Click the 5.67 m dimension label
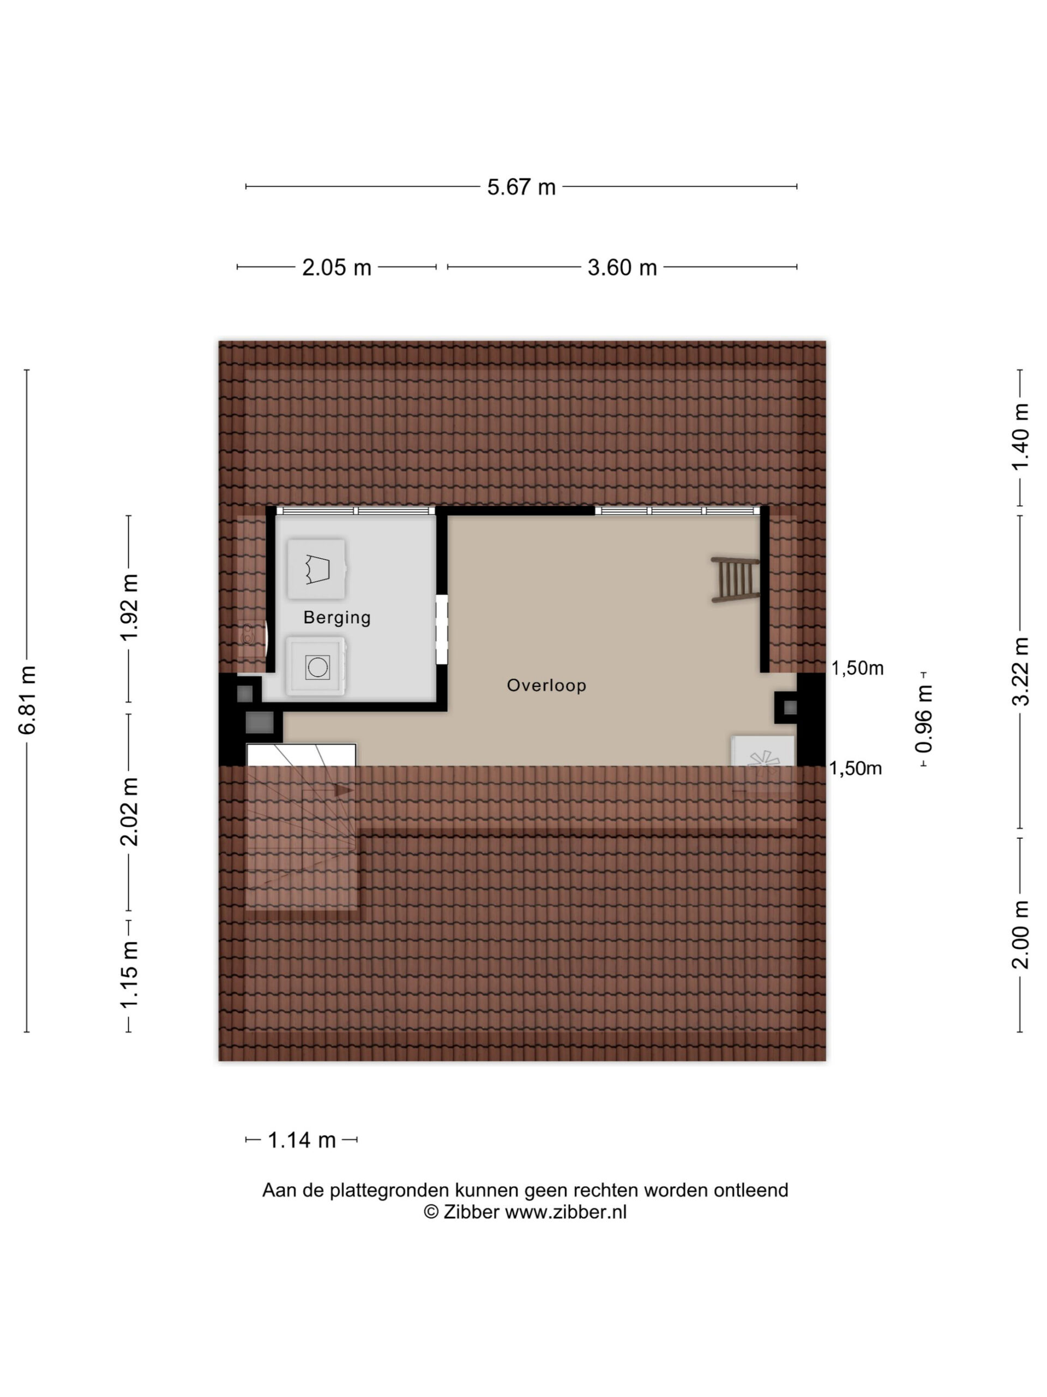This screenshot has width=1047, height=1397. point(521,187)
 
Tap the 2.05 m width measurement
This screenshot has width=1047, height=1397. point(336,267)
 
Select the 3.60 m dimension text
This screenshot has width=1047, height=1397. point(622,267)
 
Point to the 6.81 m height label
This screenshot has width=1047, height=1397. point(27,699)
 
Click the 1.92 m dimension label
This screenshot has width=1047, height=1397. point(129,607)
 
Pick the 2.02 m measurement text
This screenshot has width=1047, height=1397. point(129,812)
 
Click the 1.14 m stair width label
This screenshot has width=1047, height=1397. point(302,1140)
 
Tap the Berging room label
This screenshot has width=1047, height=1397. point(337,617)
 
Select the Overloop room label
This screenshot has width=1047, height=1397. point(546,685)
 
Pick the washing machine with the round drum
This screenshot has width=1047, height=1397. point(316,666)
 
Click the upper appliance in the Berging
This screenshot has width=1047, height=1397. point(317,569)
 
